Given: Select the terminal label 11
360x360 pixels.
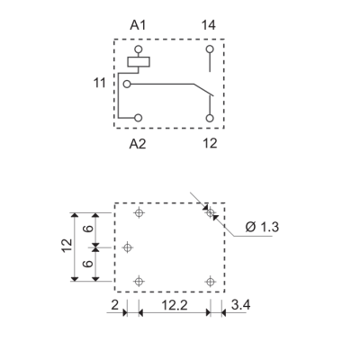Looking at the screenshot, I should pos(100,83).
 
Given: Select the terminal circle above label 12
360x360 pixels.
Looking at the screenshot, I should pos(210,117).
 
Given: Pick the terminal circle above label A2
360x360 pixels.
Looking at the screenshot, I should pos(139,117).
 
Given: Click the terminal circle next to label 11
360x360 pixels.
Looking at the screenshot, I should pos(128,84).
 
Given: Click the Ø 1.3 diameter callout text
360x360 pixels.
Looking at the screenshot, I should pos(263,227).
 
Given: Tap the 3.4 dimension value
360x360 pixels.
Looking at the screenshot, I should pos(240,307).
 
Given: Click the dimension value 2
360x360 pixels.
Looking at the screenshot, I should pos(116,307).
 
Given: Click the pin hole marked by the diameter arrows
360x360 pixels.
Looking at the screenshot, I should pos(211,213).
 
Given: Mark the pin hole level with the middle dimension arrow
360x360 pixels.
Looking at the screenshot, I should pos(128,247).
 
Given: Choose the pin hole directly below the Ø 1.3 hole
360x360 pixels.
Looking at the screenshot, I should pos(211,281).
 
